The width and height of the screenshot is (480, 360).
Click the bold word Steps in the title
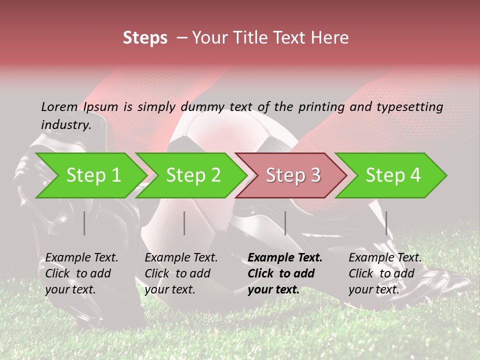coord(145,38)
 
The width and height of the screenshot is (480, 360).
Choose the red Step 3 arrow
coord(293,175)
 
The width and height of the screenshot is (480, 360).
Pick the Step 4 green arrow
coord(393,175)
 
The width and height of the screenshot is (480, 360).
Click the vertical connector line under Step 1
coord(84,223)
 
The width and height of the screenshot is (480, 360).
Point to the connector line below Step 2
coord(184,223)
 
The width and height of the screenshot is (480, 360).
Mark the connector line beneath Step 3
coord(285,223)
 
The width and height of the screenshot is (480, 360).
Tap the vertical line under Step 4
coord(386,223)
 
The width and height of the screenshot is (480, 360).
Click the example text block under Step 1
coord(81,273)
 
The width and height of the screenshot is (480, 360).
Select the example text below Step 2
coord(181,273)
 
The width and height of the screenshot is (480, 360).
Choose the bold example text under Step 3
coord(284,273)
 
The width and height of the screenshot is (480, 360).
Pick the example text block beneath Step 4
coord(385,273)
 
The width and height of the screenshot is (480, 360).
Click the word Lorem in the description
coord(59,106)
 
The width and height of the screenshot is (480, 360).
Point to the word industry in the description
coord(65,124)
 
